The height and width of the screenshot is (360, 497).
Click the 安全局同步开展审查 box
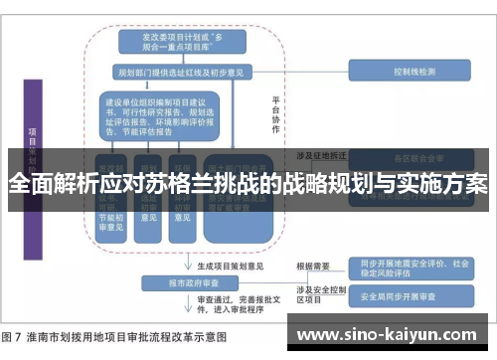click(406, 295)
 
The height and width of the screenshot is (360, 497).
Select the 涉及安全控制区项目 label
click(317, 293)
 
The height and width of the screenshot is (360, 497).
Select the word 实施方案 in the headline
click(445, 185)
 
